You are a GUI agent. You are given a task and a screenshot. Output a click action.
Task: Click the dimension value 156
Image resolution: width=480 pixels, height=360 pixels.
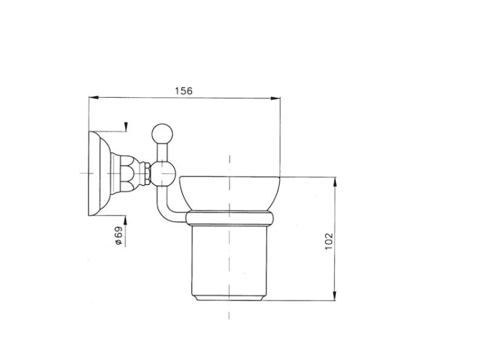coord(184,91)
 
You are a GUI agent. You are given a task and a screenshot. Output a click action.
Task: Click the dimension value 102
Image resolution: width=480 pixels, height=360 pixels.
coord(328,241)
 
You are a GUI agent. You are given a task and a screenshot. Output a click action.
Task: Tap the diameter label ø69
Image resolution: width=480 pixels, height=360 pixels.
coord(119,235)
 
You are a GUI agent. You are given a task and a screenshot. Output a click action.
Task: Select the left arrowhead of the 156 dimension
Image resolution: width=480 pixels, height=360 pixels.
coord(93,98)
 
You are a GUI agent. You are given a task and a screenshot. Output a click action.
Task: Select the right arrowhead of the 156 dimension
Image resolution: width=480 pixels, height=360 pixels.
coord(275,98)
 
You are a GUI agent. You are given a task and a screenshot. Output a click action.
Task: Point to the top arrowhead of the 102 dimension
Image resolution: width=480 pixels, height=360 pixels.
coord(335,182)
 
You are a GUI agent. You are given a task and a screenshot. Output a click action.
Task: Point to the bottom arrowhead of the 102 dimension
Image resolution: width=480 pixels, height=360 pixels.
coord(335,296)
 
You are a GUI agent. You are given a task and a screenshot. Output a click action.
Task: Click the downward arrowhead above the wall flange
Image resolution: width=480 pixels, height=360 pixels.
coord(126,127)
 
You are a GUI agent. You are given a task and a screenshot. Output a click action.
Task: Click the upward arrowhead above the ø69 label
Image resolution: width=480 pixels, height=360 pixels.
coord(125,220)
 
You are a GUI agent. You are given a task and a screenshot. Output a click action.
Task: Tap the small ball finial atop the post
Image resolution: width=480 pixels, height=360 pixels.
coord(163,134)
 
